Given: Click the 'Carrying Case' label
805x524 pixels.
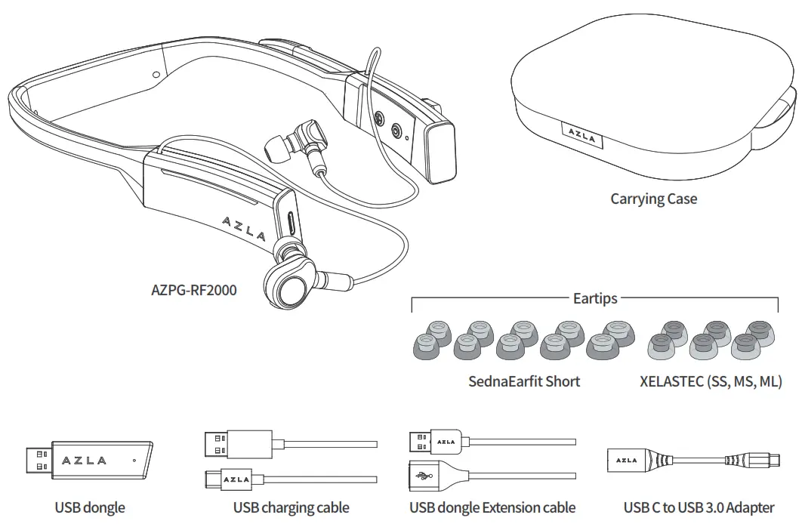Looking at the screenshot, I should (653, 199).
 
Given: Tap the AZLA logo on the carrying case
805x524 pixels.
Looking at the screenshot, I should (582, 138).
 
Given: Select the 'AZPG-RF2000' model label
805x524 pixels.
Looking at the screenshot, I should (194, 289).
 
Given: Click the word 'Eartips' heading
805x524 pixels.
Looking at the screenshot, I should (594, 298).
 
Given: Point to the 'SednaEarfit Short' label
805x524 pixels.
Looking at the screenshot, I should (524, 381).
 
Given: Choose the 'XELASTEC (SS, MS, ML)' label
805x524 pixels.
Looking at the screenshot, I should (711, 381).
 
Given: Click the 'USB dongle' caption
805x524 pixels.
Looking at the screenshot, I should (90, 507).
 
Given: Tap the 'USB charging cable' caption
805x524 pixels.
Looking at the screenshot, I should (291, 507).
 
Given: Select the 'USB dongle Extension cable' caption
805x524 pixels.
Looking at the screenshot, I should (492, 507).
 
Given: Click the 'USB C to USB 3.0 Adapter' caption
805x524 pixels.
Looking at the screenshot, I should (699, 507).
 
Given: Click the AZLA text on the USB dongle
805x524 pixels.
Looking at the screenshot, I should (84, 460).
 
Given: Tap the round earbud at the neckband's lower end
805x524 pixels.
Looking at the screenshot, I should (288, 288).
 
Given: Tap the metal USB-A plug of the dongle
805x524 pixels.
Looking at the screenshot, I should (38, 460).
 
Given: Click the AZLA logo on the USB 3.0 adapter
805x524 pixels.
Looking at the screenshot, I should (626, 460).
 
